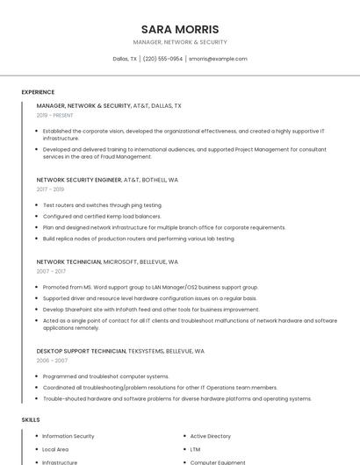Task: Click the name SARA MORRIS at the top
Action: click(180, 29)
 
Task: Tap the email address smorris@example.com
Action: click(218, 59)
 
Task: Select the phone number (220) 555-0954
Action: click(162, 59)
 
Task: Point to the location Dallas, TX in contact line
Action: click(125, 59)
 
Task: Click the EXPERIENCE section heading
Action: click(38, 92)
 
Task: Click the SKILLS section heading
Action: click(30, 419)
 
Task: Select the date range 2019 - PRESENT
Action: click(55, 115)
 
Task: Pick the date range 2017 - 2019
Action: click(50, 189)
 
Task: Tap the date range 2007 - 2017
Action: click(50, 271)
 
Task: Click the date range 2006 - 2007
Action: click(52, 361)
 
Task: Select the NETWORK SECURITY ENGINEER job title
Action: click(78, 179)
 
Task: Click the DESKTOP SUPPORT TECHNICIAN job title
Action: click(81, 351)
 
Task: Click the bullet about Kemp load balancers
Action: click(102, 216)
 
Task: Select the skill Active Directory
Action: click(211, 436)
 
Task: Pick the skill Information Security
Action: click(68, 436)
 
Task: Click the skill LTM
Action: click(195, 449)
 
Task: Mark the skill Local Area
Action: click(55, 449)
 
